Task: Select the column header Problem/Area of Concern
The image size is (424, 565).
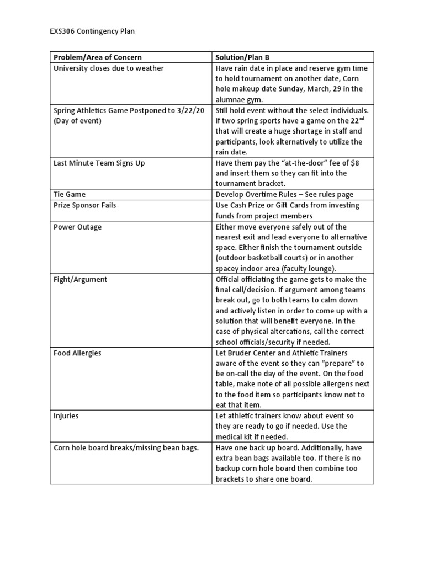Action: click(x=98, y=57)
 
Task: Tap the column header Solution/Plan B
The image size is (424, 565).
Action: click(x=242, y=57)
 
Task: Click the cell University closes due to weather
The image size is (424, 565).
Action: click(x=109, y=68)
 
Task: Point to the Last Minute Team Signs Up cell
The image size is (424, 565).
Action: click(x=99, y=163)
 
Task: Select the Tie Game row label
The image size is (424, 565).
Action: click(x=70, y=194)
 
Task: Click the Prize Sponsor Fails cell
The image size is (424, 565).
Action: click(x=85, y=205)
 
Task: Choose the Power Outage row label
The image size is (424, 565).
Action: click(x=78, y=227)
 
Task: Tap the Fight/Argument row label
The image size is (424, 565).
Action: click(x=81, y=279)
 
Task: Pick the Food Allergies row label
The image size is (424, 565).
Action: click(x=77, y=353)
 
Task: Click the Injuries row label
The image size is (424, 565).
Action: click(x=66, y=415)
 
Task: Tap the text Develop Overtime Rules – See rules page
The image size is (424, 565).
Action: click(x=284, y=194)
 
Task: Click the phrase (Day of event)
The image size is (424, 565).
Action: click(x=77, y=121)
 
